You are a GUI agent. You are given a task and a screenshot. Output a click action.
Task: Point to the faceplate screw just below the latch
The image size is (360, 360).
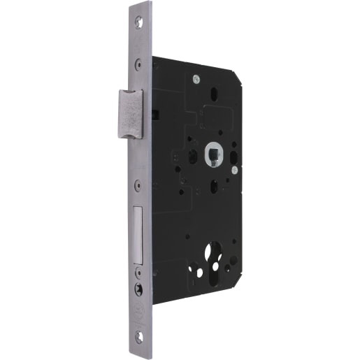[x=138, y=185]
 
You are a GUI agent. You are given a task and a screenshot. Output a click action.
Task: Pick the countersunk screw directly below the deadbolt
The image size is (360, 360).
[x=138, y=273]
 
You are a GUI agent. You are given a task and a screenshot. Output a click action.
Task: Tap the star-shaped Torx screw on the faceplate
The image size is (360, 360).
[x=138, y=287]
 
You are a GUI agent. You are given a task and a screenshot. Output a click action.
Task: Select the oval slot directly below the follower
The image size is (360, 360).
[x=213, y=187]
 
